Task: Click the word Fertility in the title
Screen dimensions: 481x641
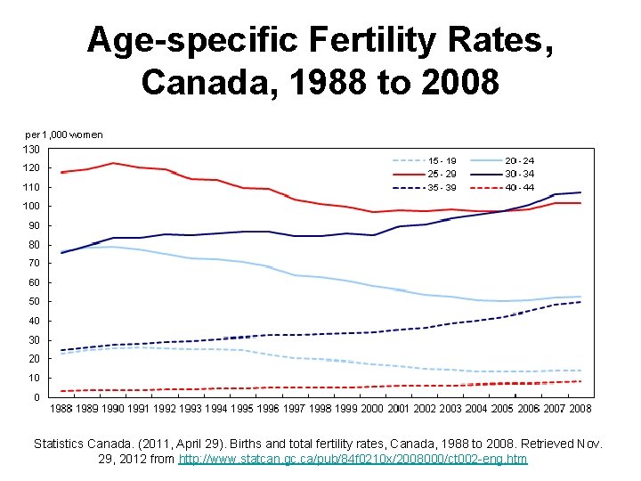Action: point(374,40)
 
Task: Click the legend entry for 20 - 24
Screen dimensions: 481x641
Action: point(519,160)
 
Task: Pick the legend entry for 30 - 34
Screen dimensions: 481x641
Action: point(519,175)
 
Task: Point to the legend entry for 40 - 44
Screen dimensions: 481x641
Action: point(519,188)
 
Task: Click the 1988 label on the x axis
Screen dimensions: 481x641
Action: point(61,408)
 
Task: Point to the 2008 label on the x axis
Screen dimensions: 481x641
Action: point(580,408)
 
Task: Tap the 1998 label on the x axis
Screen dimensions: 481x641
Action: point(320,408)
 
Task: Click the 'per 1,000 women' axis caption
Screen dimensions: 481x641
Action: point(63,135)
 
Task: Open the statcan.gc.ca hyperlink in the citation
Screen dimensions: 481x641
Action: point(353,459)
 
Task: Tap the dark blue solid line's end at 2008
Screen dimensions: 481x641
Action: point(580,192)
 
